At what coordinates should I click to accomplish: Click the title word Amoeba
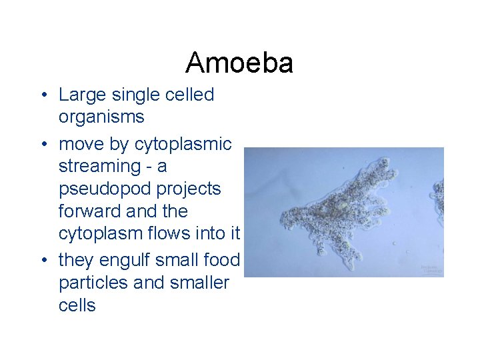pos(239,63)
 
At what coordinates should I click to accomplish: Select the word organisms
pos(101,117)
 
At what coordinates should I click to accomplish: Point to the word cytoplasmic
pos(183,144)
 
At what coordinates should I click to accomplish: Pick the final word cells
pos(77,306)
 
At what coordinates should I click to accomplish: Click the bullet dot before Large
pos(43,95)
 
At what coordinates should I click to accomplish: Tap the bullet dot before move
pos(43,144)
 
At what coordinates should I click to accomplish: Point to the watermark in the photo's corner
pos(431,269)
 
